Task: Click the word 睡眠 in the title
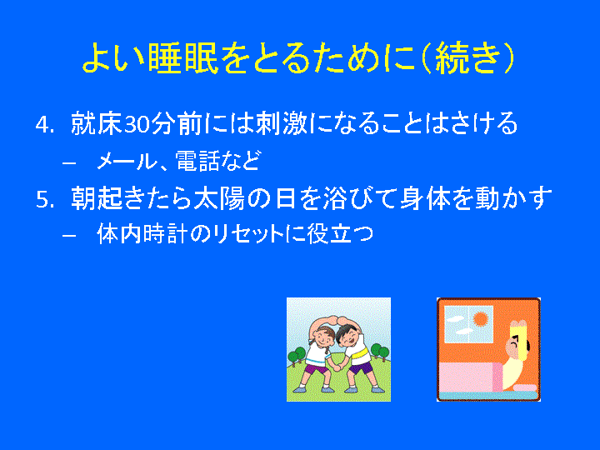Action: point(182,57)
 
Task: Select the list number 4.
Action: point(43,124)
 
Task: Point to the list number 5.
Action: point(44,200)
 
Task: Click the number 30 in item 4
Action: point(136,124)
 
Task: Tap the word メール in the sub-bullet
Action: point(127,161)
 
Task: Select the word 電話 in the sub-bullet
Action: point(197,161)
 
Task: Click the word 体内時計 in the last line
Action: point(141,234)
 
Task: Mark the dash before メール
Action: point(69,162)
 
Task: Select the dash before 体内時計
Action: point(69,236)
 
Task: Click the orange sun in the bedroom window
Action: point(481,318)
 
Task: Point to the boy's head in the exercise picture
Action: point(347,336)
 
